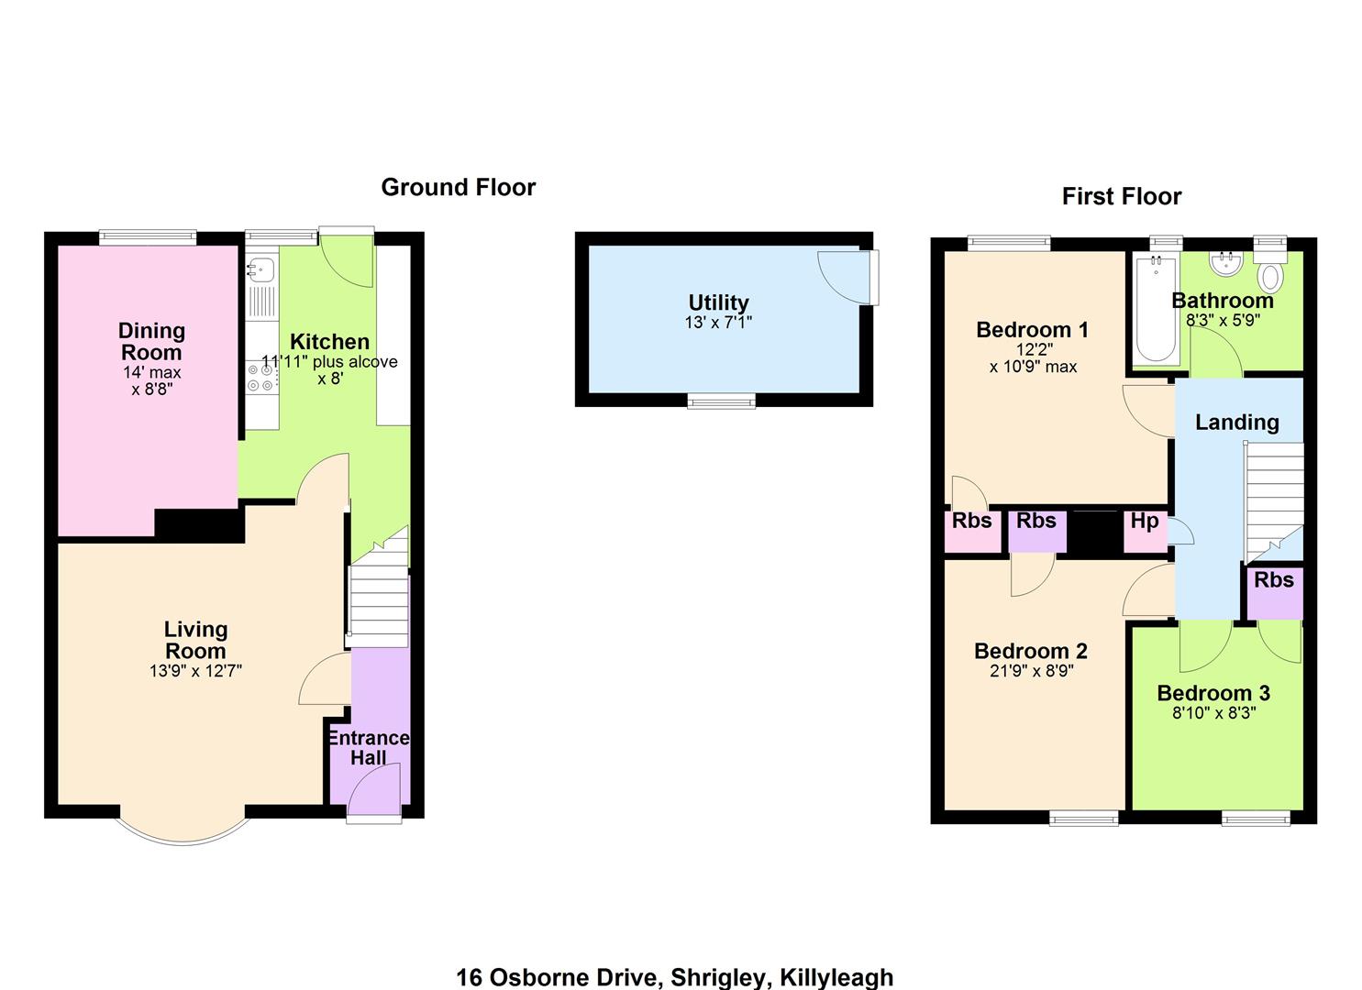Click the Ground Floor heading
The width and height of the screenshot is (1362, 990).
(x=458, y=187)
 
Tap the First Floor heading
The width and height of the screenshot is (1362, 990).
(x=1122, y=196)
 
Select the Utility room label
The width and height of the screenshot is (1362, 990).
(x=718, y=302)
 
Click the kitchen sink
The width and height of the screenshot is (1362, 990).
(x=261, y=269)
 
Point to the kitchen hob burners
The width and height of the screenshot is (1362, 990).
(x=260, y=378)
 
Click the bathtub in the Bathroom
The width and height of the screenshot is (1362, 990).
(x=1156, y=309)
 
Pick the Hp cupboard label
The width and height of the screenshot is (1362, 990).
(x=1145, y=521)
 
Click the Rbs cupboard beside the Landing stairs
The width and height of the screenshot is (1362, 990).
(x=1275, y=592)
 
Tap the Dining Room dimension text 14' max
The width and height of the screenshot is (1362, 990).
(x=152, y=372)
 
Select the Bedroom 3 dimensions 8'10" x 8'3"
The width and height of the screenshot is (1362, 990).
(x=1213, y=712)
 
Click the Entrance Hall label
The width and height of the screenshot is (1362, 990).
(x=369, y=747)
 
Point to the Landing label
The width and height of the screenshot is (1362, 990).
(x=1236, y=423)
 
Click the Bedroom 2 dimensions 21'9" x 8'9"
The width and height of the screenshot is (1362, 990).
(x=1031, y=670)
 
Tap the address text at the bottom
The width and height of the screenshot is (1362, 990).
(x=675, y=977)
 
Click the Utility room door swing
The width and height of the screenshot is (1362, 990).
(x=845, y=277)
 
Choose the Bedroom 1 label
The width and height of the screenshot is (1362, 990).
(x=1032, y=330)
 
